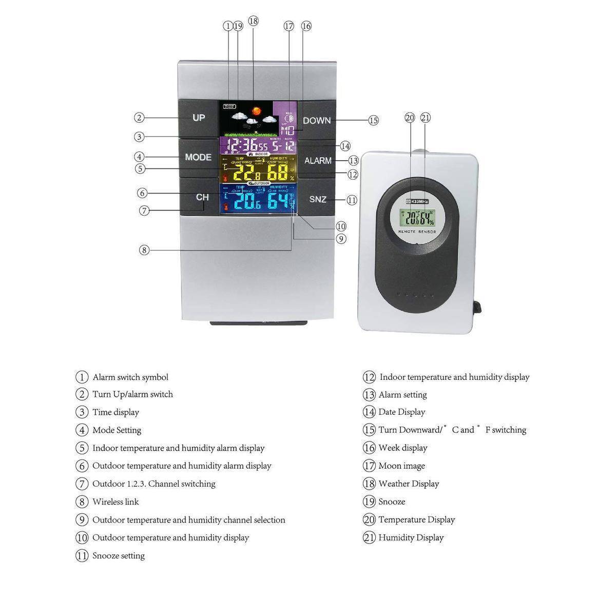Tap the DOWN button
317,121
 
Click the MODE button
198,157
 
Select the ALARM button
318,161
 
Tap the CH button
202,197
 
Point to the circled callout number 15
373,121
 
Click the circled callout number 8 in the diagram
144,251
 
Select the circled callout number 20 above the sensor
410,118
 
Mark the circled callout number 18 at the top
253,21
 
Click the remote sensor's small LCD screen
417,218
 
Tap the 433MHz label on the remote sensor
417,202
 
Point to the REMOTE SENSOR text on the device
417,232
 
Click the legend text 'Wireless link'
115,502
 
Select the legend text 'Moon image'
401,466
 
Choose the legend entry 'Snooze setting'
119,556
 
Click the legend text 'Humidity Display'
411,538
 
